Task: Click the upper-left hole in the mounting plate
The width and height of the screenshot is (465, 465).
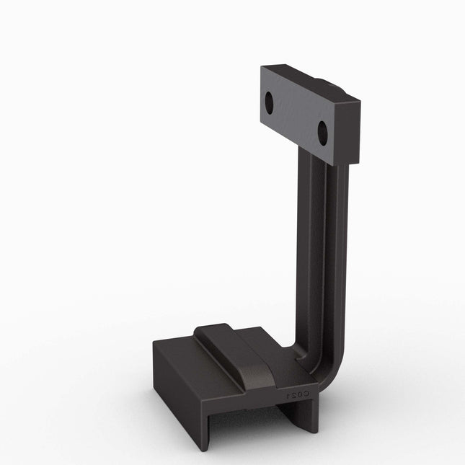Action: click(x=269, y=103)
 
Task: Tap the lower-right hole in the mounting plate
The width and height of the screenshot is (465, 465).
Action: click(x=322, y=132)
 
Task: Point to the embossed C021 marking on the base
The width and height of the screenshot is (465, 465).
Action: click(x=296, y=394)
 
